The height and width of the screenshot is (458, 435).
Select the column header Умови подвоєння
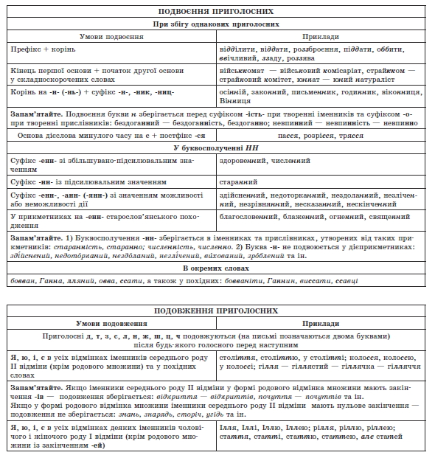(x=111, y=35)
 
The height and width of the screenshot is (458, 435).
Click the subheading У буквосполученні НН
(x=217, y=148)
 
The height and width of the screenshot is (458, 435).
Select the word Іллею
(x=312, y=426)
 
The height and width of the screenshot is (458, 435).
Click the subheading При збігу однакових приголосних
(x=217, y=24)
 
